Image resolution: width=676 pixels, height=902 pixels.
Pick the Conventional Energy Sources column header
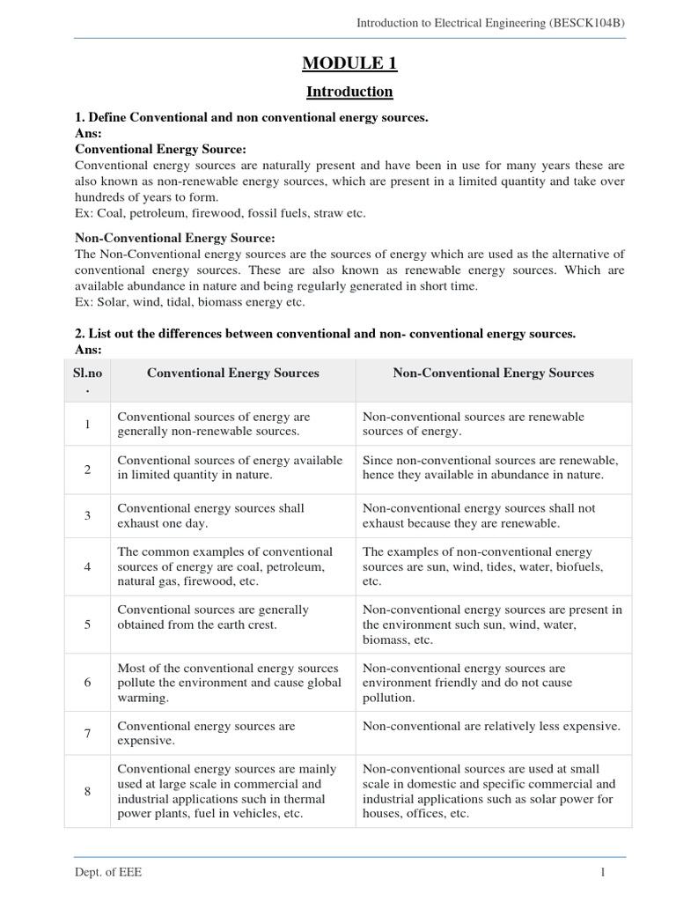(232, 373)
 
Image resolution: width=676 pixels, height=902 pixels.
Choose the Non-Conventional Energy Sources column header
(493, 373)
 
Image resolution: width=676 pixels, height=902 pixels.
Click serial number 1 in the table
(88, 425)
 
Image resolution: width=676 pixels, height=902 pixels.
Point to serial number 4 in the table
(88, 566)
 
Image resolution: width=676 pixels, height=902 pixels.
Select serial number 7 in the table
(88, 734)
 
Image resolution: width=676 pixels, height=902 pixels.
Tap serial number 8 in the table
(88, 791)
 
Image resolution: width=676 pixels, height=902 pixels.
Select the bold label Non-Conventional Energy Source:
(176, 238)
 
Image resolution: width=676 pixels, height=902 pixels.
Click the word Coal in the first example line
(109, 213)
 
